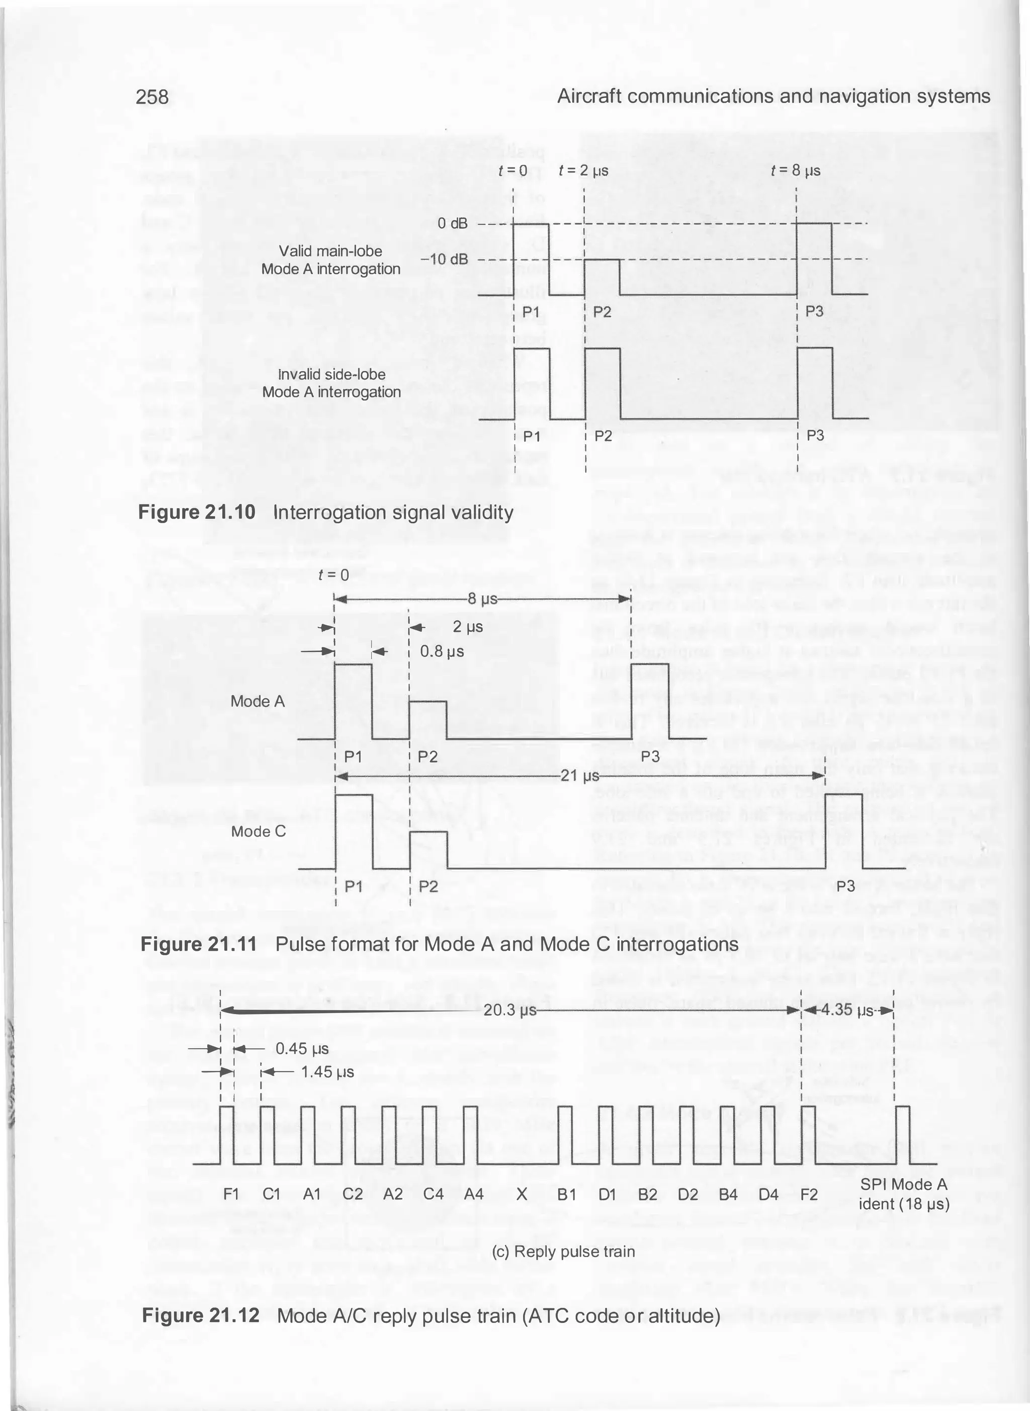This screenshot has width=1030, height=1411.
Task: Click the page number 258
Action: coord(152,97)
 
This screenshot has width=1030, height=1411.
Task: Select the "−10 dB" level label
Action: coord(444,259)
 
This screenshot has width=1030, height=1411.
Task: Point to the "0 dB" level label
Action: coord(452,223)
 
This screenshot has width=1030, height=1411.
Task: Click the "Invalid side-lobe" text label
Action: coord(332,374)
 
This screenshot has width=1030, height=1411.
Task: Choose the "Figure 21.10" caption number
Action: coord(197,513)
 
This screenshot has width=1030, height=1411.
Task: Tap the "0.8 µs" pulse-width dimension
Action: coord(442,651)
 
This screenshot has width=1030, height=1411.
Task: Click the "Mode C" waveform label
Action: coord(258,832)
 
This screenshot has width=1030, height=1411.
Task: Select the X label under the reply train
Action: coord(523,1195)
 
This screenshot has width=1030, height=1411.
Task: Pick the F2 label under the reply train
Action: coord(809,1195)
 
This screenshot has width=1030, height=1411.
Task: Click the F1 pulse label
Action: coord(231,1195)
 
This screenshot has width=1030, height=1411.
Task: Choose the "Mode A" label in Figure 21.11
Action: coord(257,701)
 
